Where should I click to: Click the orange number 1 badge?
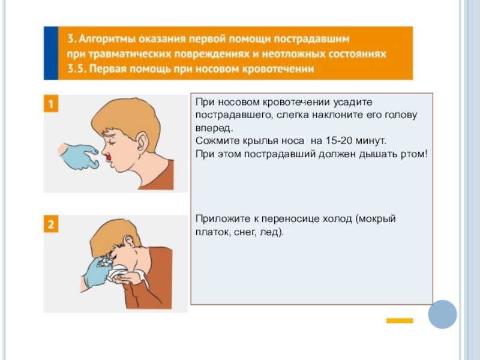51,103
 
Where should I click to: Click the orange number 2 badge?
51,224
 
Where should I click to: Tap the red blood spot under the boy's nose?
108,157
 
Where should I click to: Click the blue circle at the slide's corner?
442,314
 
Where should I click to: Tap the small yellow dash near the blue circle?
400,320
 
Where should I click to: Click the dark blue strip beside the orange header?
51,53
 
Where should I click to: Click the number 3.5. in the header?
78,69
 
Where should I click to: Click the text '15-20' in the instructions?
338,141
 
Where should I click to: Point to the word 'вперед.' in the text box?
214,128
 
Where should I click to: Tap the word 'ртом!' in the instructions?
414,154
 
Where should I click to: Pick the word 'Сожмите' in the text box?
218,141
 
